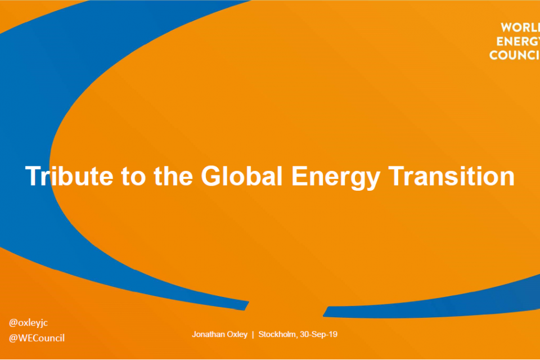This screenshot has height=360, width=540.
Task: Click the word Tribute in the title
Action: [x=69, y=176]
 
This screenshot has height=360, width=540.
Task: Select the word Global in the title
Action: [x=241, y=176]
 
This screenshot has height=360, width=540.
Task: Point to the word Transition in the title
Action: [x=452, y=176]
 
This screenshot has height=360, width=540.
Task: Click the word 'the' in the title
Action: [x=173, y=176]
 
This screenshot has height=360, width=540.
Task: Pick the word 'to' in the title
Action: [x=133, y=177]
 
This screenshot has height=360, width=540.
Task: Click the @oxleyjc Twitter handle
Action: [x=28, y=323]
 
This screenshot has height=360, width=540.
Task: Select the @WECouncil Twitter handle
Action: [x=37, y=338]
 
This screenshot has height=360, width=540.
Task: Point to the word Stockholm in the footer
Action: [x=278, y=335]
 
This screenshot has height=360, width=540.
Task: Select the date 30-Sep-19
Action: [x=319, y=335]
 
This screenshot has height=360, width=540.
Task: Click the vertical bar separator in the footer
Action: [x=253, y=335]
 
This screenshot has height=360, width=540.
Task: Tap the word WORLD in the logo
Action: [x=520, y=28]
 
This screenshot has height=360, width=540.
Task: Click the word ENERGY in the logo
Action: [x=518, y=41]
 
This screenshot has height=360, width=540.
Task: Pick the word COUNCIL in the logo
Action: [x=515, y=55]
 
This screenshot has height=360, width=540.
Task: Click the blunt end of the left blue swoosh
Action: [x=246, y=306]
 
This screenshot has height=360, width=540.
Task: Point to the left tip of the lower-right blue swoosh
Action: [x=324, y=315]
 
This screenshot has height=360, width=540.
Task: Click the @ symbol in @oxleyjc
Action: [x=13, y=323]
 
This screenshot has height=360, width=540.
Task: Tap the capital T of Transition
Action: [x=395, y=177]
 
